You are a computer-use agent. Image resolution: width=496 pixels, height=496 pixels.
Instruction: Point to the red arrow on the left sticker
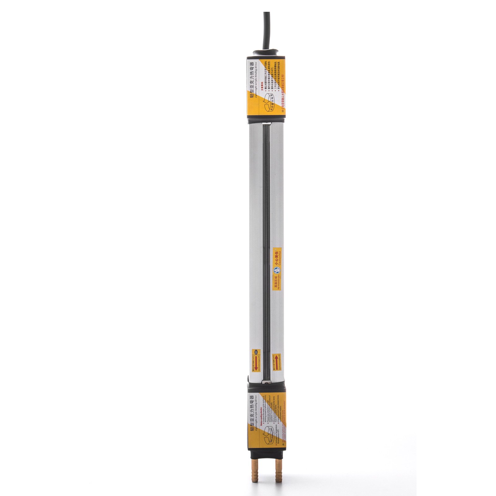(x=256, y=361)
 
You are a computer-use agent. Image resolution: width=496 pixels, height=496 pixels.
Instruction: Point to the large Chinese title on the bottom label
(x=252, y=412)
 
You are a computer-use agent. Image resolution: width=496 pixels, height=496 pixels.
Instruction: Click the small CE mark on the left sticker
(x=256, y=352)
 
